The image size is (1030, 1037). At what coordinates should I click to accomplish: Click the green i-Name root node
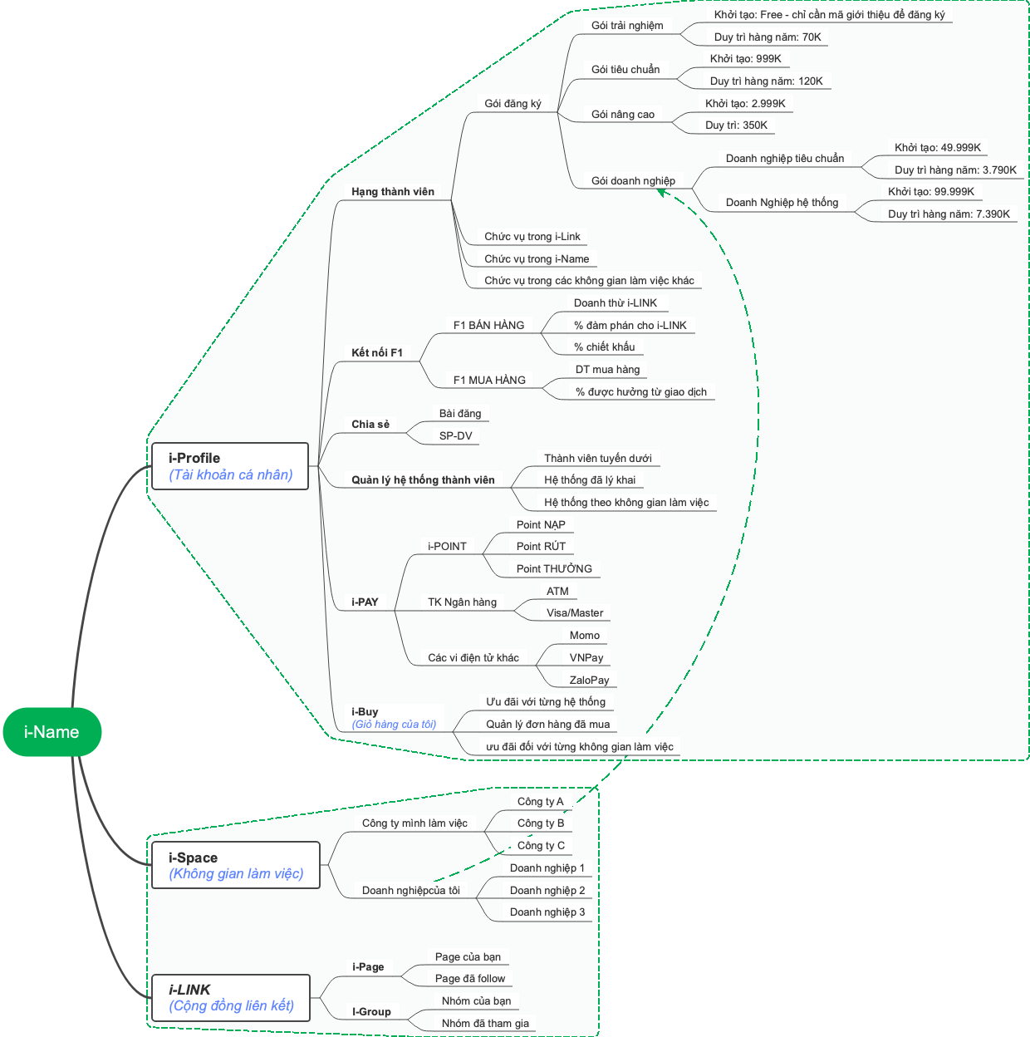51,732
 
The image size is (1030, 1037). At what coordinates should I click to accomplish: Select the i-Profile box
230,466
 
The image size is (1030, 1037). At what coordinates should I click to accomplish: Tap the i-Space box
236,865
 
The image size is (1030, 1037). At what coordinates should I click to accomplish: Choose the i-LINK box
231,997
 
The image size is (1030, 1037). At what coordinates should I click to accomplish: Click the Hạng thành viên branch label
392,192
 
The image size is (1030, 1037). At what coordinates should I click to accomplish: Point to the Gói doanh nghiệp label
633,181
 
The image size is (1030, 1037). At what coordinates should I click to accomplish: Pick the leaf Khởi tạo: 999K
745,59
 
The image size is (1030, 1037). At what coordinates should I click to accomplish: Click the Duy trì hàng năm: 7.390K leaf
949,214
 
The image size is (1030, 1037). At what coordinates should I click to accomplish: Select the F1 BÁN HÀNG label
488,326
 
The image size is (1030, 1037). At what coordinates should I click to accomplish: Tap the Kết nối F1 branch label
376,353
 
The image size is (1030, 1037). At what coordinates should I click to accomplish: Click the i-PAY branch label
365,602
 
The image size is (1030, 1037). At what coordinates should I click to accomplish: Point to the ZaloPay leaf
589,681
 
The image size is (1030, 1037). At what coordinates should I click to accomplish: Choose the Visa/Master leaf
575,613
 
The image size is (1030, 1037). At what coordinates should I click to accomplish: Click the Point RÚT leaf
541,547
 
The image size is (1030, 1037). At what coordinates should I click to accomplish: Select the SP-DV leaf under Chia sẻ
455,436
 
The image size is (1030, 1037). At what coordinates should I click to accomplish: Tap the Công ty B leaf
540,823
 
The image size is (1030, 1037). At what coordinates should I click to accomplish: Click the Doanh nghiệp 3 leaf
547,912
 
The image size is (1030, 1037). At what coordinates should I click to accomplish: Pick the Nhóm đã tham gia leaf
485,1024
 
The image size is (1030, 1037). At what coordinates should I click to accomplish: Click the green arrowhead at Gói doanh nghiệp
662,192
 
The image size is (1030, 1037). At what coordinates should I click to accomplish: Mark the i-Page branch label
368,967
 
